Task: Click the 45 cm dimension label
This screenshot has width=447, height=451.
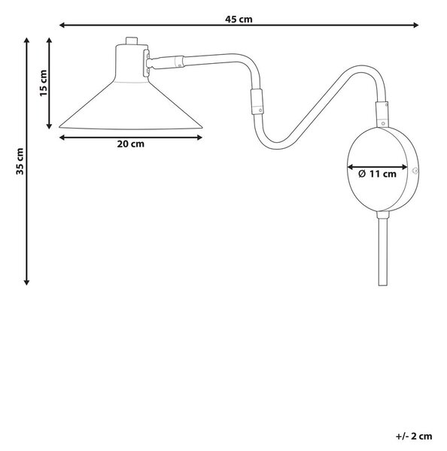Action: point(239,20)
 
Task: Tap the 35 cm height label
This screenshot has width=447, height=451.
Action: point(20,161)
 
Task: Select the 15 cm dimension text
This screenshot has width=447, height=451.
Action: point(43,83)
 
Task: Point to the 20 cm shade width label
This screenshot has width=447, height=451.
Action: point(130,144)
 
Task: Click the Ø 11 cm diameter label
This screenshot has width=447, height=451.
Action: point(377,174)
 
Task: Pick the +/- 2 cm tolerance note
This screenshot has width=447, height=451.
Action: point(414,436)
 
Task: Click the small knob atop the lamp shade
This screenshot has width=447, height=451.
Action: point(132,41)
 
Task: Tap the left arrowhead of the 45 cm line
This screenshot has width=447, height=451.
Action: point(62,26)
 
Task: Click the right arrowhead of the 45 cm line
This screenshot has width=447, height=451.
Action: point(415,26)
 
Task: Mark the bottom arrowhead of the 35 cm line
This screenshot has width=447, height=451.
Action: point(27,282)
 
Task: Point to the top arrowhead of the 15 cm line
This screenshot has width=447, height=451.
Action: point(49,41)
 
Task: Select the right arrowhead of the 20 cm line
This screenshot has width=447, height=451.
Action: point(199,138)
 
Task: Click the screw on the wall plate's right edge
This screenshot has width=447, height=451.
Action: point(415,171)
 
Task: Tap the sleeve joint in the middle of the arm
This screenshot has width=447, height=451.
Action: point(257,101)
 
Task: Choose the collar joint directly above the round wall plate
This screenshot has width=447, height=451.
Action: point(382,114)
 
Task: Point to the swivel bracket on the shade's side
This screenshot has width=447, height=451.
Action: point(146,63)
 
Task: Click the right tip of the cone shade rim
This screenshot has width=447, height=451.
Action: point(202,128)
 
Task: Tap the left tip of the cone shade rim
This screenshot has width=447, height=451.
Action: point(59,126)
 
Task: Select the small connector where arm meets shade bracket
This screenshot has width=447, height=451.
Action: point(179,62)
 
